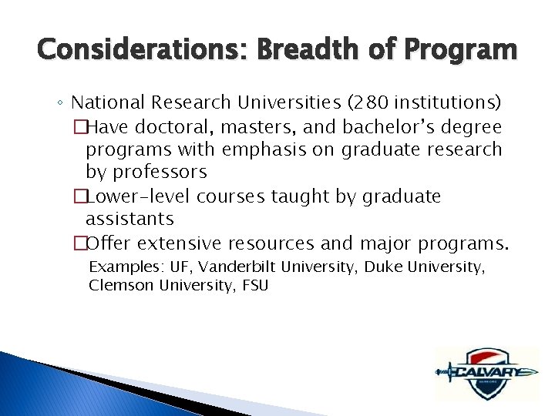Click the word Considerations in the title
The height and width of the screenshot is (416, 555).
[128, 51]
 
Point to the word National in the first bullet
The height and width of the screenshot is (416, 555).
[109, 102]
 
